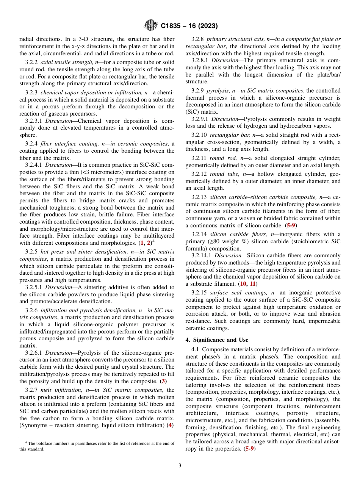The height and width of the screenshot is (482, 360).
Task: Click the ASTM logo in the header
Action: pyautogui.click(x=151, y=26)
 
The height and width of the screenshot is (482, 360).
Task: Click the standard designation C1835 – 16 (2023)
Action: pyautogui.click(x=189, y=26)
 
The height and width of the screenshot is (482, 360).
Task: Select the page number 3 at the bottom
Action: pyautogui.click(x=180, y=466)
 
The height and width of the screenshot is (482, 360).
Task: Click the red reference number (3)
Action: pyautogui.click(x=163, y=381)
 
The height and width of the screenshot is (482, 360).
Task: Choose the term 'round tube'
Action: pyautogui.click(x=222, y=174)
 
